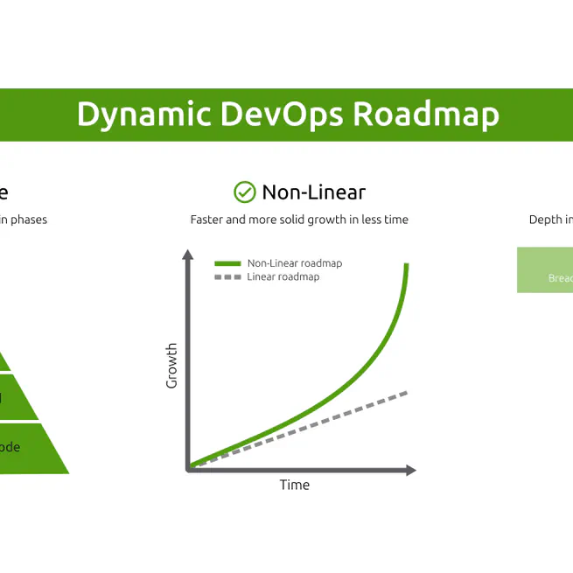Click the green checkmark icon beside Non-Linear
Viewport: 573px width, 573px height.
[x=244, y=192]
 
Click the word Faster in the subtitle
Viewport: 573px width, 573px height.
[x=206, y=220]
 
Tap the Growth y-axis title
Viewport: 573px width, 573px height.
[x=171, y=366]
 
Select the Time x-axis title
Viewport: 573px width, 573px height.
[x=294, y=485]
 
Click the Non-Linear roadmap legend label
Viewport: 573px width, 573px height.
[x=294, y=263]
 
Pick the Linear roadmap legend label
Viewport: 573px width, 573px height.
[x=283, y=277]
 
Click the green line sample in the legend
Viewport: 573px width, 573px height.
[x=227, y=263]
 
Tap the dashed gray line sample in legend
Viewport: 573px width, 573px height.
[x=227, y=277]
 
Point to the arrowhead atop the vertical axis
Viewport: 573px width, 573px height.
[x=187, y=255]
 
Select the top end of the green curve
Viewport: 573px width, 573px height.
[x=407, y=265]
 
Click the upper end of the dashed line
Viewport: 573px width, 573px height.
[x=406, y=393]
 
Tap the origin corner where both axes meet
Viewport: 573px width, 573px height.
[x=188, y=469]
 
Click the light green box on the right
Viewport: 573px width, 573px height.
[x=545, y=269]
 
